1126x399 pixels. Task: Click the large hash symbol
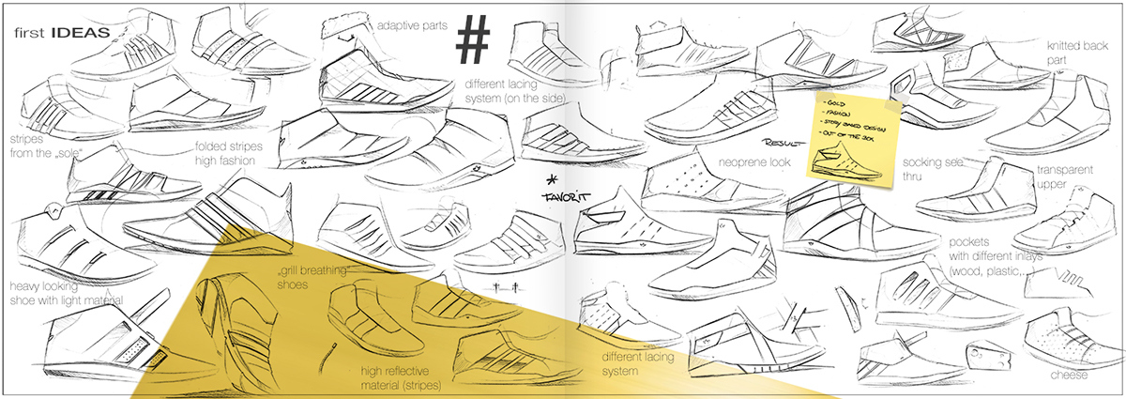pos(475,41)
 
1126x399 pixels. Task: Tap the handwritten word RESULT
pos(785,144)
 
